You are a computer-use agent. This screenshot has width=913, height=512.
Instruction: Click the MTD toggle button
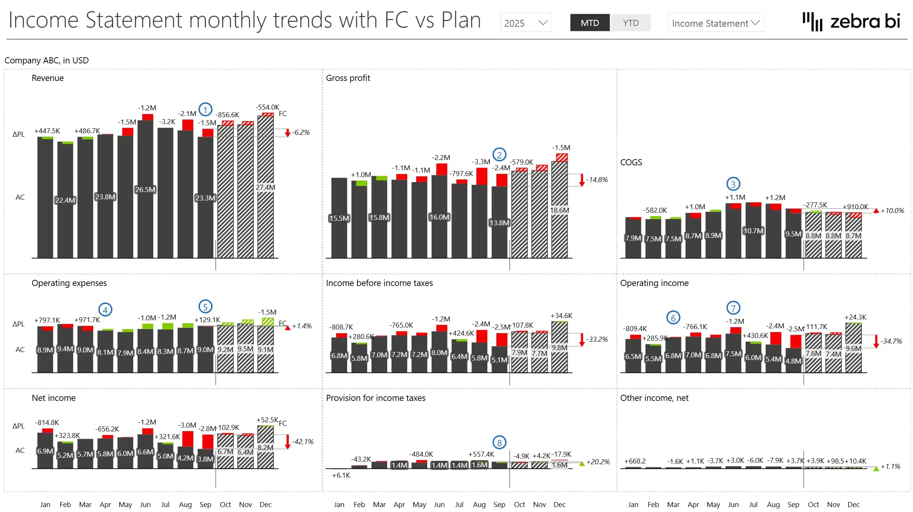click(x=589, y=23)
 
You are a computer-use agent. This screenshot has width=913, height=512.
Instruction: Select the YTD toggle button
click(x=630, y=23)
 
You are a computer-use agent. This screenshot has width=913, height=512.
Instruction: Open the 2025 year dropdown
click(x=525, y=23)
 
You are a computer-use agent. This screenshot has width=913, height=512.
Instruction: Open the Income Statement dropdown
click(x=715, y=23)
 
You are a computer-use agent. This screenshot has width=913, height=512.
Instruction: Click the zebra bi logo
click(x=851, y=21)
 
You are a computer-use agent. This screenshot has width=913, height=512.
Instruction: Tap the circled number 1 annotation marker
click(x=205, y=110)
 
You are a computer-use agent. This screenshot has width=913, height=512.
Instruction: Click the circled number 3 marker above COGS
click(x=733, y=184)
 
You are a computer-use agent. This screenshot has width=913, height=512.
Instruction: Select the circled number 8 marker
click(x=499, y=443)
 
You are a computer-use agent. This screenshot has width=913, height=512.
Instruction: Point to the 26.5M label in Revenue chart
click(x=145, y=189)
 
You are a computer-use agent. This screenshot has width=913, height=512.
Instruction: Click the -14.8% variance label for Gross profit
click(x=597, y=179)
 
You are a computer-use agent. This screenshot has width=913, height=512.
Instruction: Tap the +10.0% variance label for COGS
click(x=892, y=210)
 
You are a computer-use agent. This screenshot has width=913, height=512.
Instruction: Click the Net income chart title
click(x=53, y=398)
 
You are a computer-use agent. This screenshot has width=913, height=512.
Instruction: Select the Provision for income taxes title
click(x=375, y=398)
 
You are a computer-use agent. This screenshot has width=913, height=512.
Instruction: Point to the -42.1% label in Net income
click(x=303, y=441)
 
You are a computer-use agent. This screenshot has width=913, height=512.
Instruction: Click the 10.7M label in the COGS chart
click(x=753, y=231)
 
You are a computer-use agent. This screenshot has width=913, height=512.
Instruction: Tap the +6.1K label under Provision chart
click(x=341, y=475)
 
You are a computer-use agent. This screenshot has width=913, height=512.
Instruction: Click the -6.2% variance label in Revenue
click(x=301, y=132)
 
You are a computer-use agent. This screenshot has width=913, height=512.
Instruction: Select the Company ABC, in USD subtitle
click(x=47, y=60)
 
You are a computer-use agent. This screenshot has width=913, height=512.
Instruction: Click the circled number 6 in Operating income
click(x=673, y=318)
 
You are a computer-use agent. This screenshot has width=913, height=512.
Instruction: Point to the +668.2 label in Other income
click(x=635, y=461)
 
